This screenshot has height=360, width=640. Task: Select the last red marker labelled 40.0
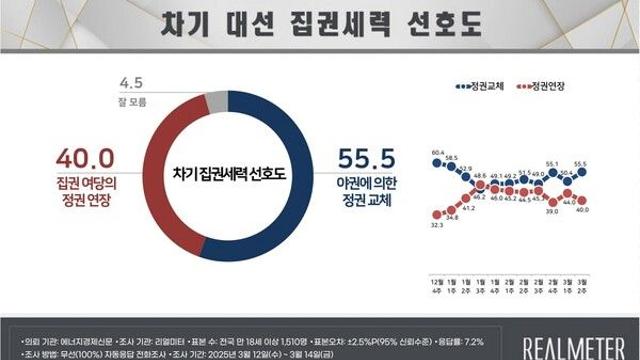[x=608, y=200]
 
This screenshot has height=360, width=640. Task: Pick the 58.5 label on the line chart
[x=453, y=158]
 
